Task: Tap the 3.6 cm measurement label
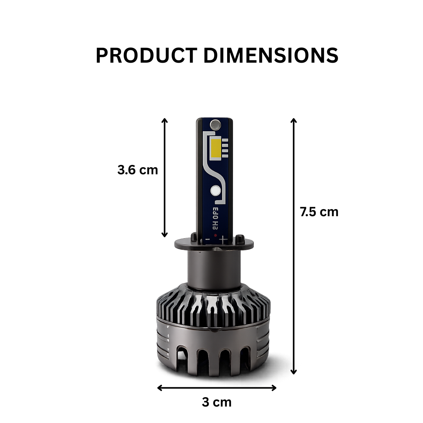[137, 170]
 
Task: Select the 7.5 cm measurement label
[319, 212]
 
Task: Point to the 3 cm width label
[217, 402]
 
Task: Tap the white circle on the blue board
[215, 191]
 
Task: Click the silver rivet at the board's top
[215, 125]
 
